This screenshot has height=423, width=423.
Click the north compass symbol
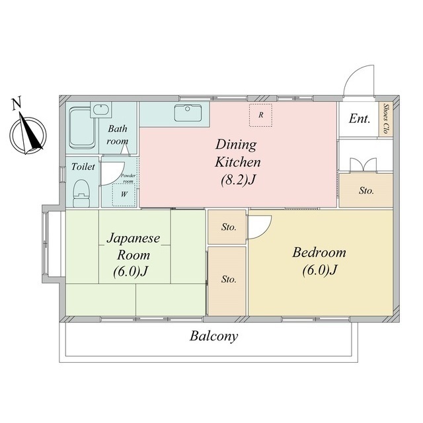tap(28, 134)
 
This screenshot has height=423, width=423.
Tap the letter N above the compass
tap(17, 104)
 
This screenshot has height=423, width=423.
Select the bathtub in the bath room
tap(82, 128)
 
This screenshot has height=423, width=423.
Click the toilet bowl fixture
tap(81, 193)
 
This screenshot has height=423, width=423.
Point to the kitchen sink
tap(188, 113)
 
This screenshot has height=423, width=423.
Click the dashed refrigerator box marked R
tap(260, 115)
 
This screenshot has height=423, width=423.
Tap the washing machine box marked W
tap(124, 195)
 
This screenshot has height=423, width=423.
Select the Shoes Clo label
tap(386, 119)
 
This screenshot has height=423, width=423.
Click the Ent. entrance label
tap(359, 119)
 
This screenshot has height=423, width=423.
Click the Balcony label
tap(214, 336)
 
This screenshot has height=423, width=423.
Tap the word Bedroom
tap(319, 252)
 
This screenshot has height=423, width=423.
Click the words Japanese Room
tap(134, 247)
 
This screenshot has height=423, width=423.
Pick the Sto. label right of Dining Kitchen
tap(366, 191)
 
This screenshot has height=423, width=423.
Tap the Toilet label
tap(83, 167)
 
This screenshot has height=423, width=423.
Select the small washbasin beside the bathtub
tap(101, 110)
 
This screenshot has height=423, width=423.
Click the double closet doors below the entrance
tap(363, 165)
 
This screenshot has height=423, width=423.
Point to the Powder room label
tap(128, 178)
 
